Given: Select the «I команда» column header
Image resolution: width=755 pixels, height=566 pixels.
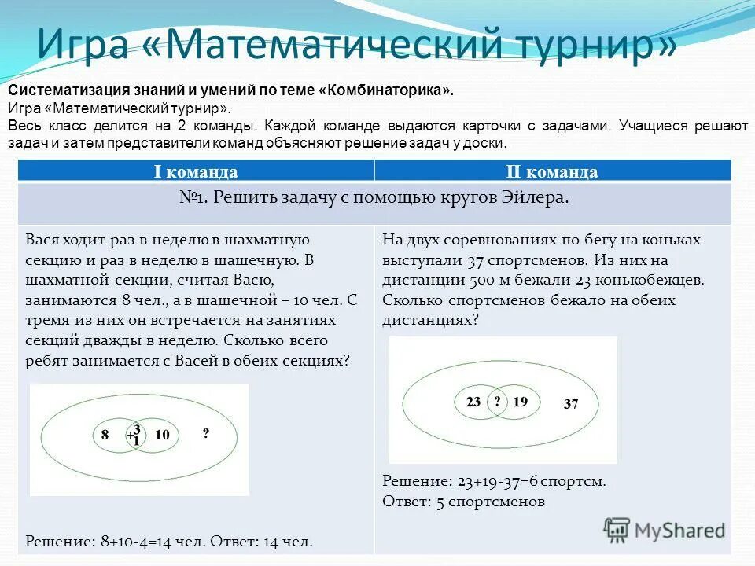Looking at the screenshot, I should pos(196,172).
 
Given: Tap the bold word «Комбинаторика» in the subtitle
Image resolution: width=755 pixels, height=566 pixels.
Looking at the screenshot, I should pos(385,91).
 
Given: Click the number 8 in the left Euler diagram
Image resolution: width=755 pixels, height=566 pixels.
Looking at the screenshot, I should pos(105,434).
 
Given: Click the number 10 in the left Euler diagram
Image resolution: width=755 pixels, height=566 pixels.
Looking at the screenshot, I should pos(163,434).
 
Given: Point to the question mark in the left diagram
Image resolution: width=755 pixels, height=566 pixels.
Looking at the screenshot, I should pos(206,434).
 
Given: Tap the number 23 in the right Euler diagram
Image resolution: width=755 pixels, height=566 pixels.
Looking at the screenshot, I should pos(473,402).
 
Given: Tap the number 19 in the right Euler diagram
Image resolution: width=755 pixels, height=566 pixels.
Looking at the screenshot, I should pos(520,402).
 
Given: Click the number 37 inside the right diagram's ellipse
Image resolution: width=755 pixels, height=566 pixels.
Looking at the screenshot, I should pos(571,405).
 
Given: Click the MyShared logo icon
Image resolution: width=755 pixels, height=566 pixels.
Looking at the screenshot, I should pos(617,530).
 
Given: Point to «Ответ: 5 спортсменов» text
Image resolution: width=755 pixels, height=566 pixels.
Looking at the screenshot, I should pos(463,501).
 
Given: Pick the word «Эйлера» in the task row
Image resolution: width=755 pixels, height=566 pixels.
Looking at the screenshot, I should pos(537,198).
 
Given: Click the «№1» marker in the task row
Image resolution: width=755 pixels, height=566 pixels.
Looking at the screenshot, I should pos(193,198).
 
